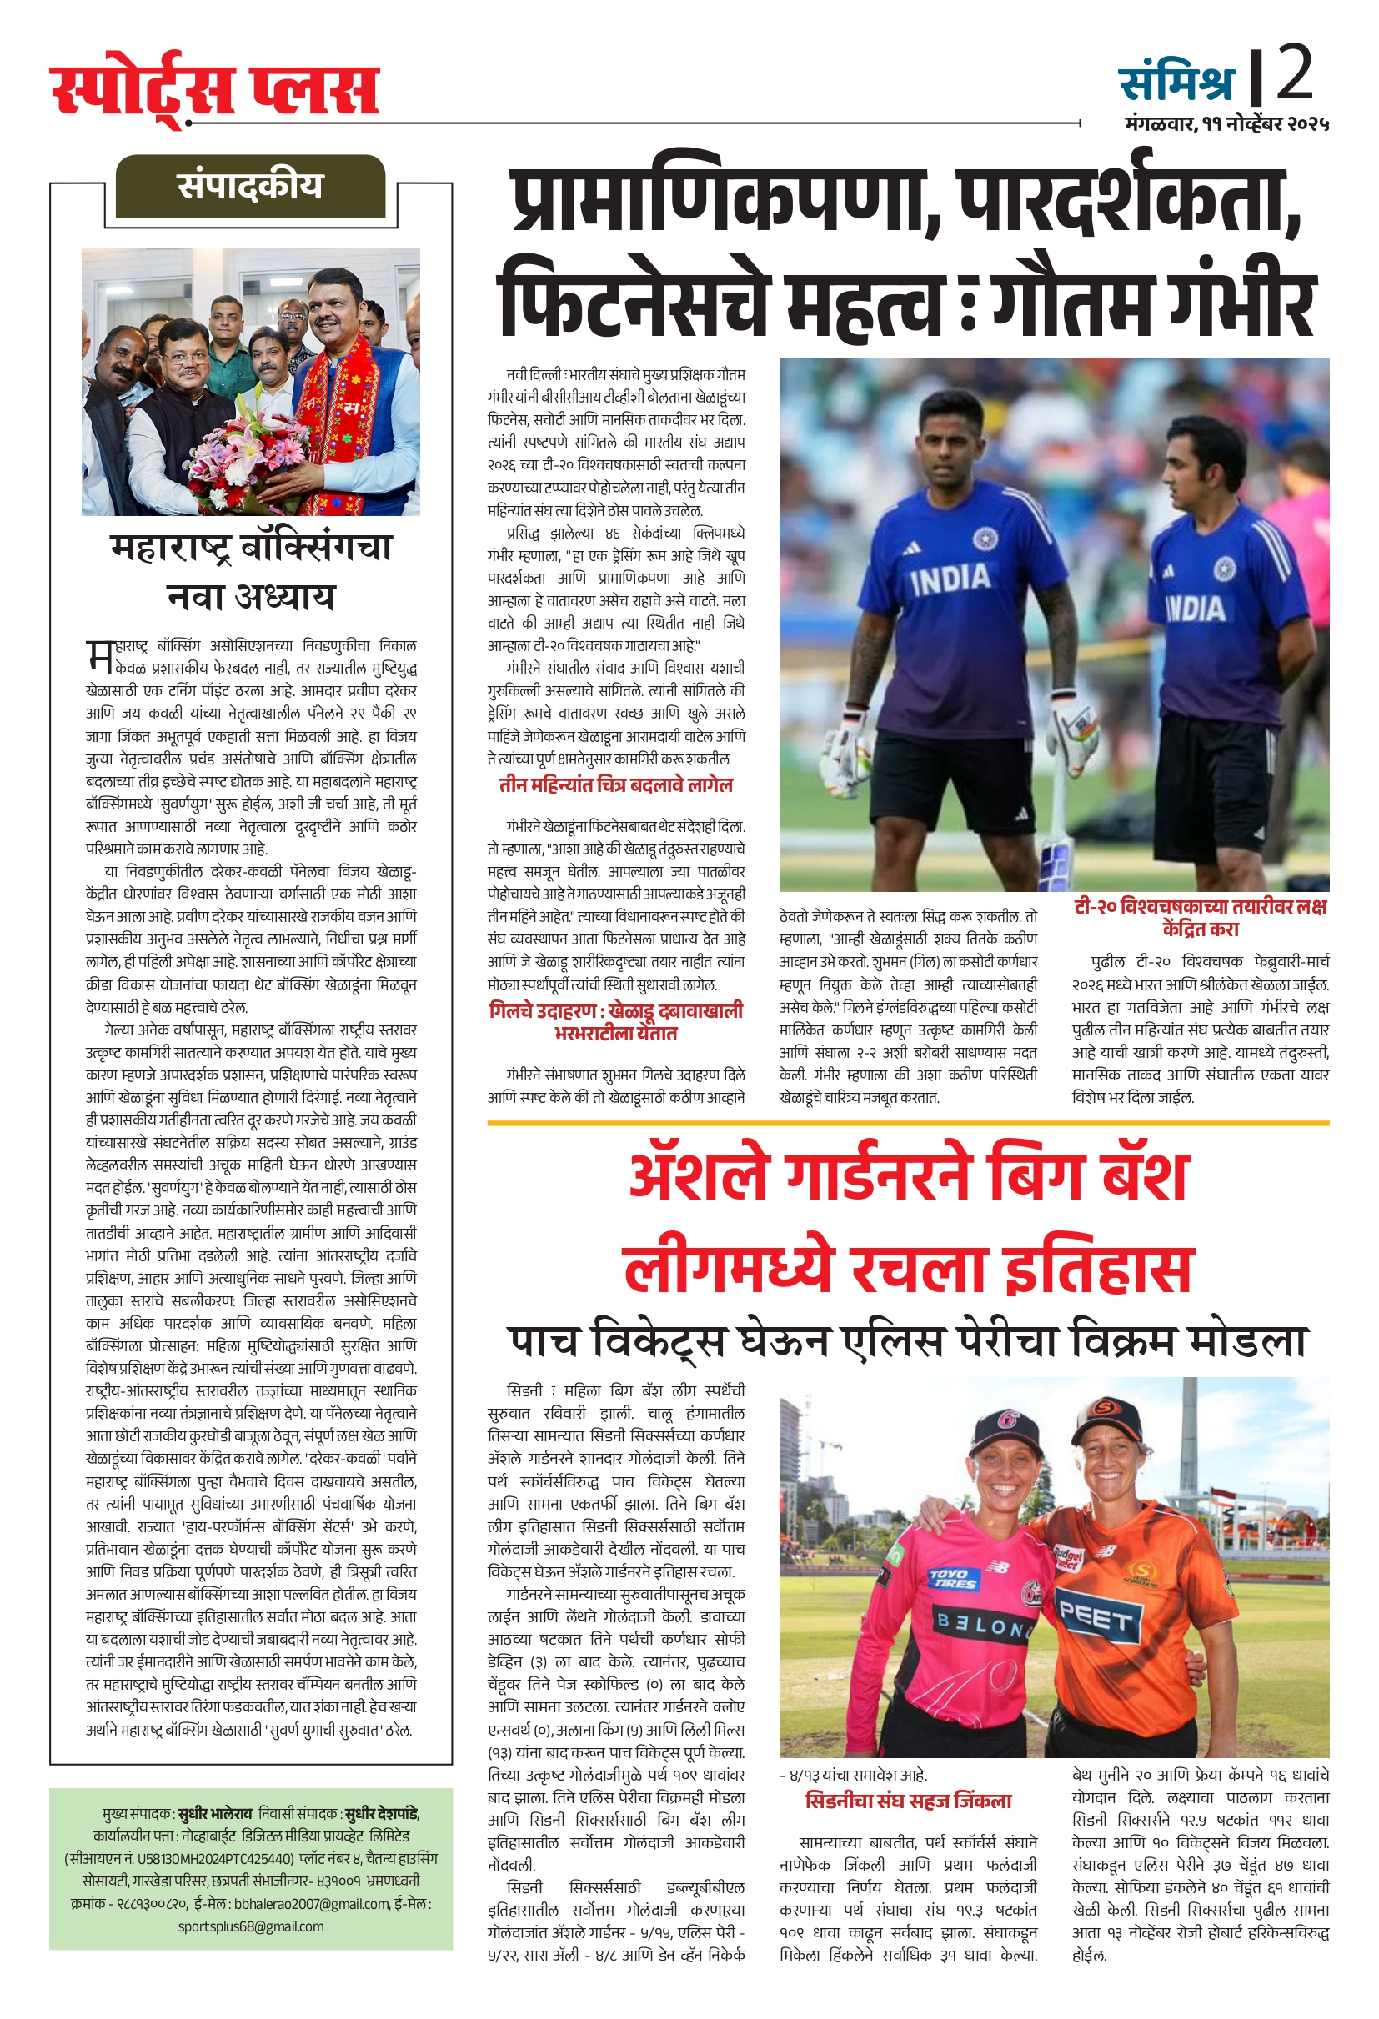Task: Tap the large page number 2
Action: (1294, 75)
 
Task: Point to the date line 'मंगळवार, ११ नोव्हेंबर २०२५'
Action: (1226, 124)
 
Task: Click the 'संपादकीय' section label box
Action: (249, 186)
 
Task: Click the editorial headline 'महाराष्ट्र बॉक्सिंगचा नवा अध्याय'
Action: (250, 572)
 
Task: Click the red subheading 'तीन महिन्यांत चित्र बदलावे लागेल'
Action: (615, 785)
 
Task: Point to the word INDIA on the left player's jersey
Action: (950, 579)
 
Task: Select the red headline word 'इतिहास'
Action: (1098, 1270)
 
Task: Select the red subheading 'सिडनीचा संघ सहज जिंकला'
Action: (908, 1801)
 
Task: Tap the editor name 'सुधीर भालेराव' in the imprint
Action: (214, 1814)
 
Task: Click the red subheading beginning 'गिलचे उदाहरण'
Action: (615, 1022)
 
